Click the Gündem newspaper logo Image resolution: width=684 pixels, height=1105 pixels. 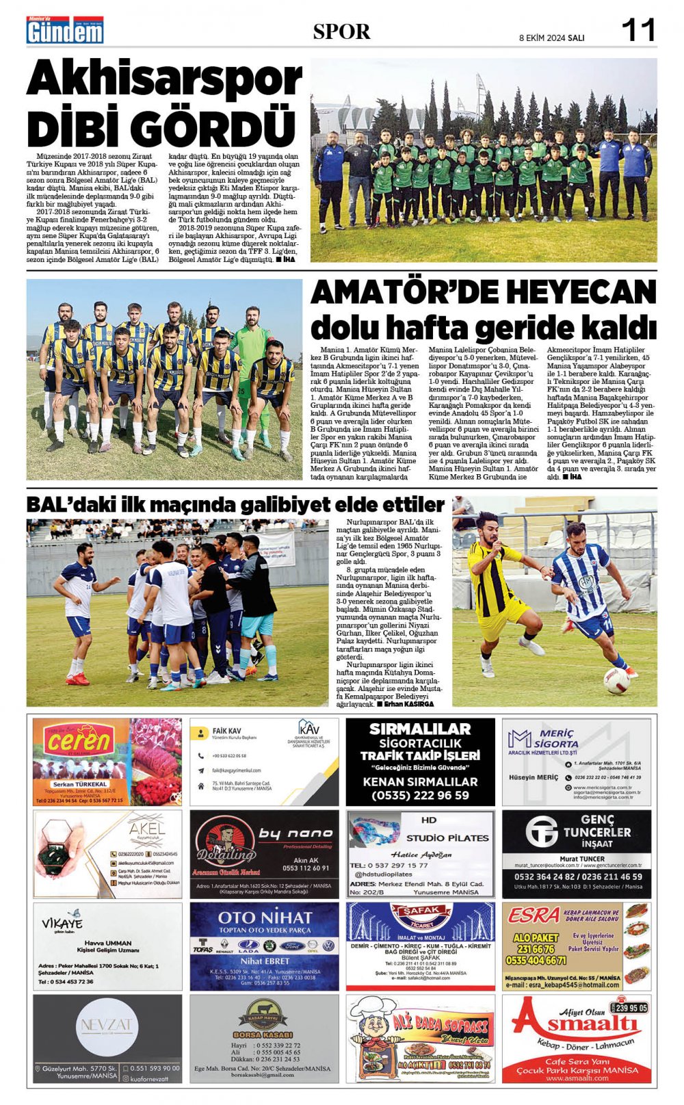(65, 31)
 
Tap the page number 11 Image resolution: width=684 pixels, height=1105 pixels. (638, 30)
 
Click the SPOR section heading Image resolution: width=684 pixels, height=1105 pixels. (341, 31)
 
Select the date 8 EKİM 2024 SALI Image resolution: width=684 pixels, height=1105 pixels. (551, 38)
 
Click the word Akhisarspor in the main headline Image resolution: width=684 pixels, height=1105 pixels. (164, 79)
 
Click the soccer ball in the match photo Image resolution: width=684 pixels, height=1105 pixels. (616, 679)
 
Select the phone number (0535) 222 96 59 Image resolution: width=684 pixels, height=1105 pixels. (420, 795)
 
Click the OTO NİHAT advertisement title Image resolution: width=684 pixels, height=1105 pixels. (264, 918)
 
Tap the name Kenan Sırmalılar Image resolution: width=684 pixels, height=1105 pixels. (420, 781)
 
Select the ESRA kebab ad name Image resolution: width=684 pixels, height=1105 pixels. (534, 915)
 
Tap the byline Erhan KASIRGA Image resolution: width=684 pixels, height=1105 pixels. (408, 703)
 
